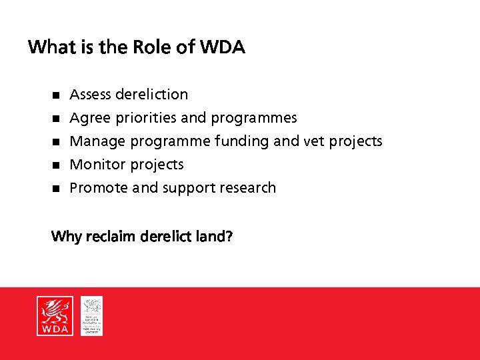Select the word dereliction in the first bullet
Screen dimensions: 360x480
(151, 95)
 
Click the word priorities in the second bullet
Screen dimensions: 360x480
(146, 118)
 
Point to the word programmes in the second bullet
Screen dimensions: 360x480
(254, 118)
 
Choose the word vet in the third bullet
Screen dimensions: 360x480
(314, 141)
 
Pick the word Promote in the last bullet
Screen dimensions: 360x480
(99, 188)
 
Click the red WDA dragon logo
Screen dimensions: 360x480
(55, 315)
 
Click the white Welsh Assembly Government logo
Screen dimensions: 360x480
(92, 315)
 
